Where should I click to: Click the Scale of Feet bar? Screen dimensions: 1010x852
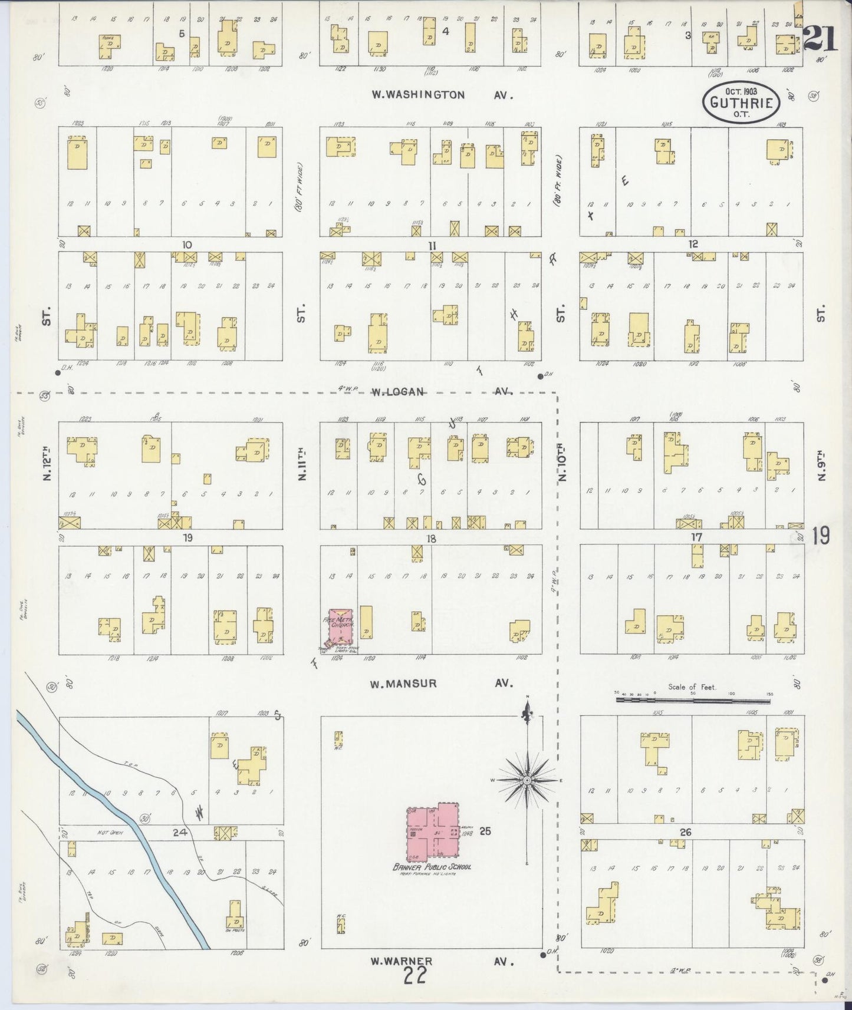[x=693, y=700]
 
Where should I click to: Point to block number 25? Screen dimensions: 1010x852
[x=485, y=831]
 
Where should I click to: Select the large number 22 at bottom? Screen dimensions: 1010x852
[x=416, y=977]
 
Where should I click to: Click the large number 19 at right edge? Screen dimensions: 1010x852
[x=820, y=536]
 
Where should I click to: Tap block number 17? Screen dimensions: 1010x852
[x=697, y=537]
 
